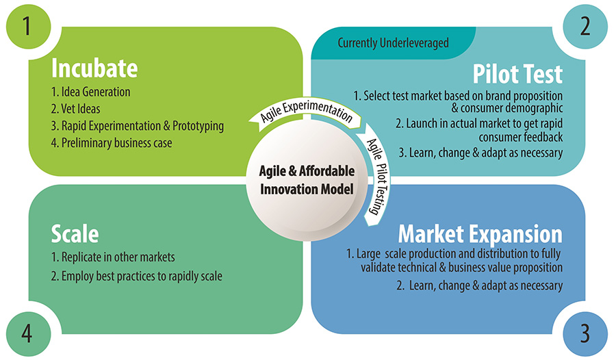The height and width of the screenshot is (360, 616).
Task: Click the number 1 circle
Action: tap(28, 27)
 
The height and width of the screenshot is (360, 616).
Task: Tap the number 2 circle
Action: tap(585, 27)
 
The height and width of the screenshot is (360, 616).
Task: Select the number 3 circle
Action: tap(585, 334)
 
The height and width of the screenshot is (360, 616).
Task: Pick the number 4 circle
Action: tap(28, 334)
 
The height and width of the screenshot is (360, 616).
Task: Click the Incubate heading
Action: tap(94, 68)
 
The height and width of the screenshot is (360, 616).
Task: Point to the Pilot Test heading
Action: tap(517, 74)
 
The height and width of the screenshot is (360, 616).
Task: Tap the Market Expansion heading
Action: tap(480, 235)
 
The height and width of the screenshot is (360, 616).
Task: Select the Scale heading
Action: tap(75, 234)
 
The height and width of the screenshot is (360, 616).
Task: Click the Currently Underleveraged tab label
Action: tap(394, 42)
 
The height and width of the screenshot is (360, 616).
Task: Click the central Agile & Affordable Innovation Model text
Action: tap(307, 180)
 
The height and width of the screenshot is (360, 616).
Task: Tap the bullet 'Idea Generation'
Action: tap(90, 92)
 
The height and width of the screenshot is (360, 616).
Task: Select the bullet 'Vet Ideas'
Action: tap(75, 109)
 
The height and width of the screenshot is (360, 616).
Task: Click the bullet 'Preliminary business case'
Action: tap(112, 143)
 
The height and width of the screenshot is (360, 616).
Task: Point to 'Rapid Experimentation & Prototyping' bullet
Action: tap(138, 126)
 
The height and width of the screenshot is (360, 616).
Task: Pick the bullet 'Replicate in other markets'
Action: tap(113, 257)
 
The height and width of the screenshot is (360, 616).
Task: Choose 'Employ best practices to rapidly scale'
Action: tap(137, 277)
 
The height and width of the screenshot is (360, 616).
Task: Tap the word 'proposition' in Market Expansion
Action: tap(532, 268)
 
